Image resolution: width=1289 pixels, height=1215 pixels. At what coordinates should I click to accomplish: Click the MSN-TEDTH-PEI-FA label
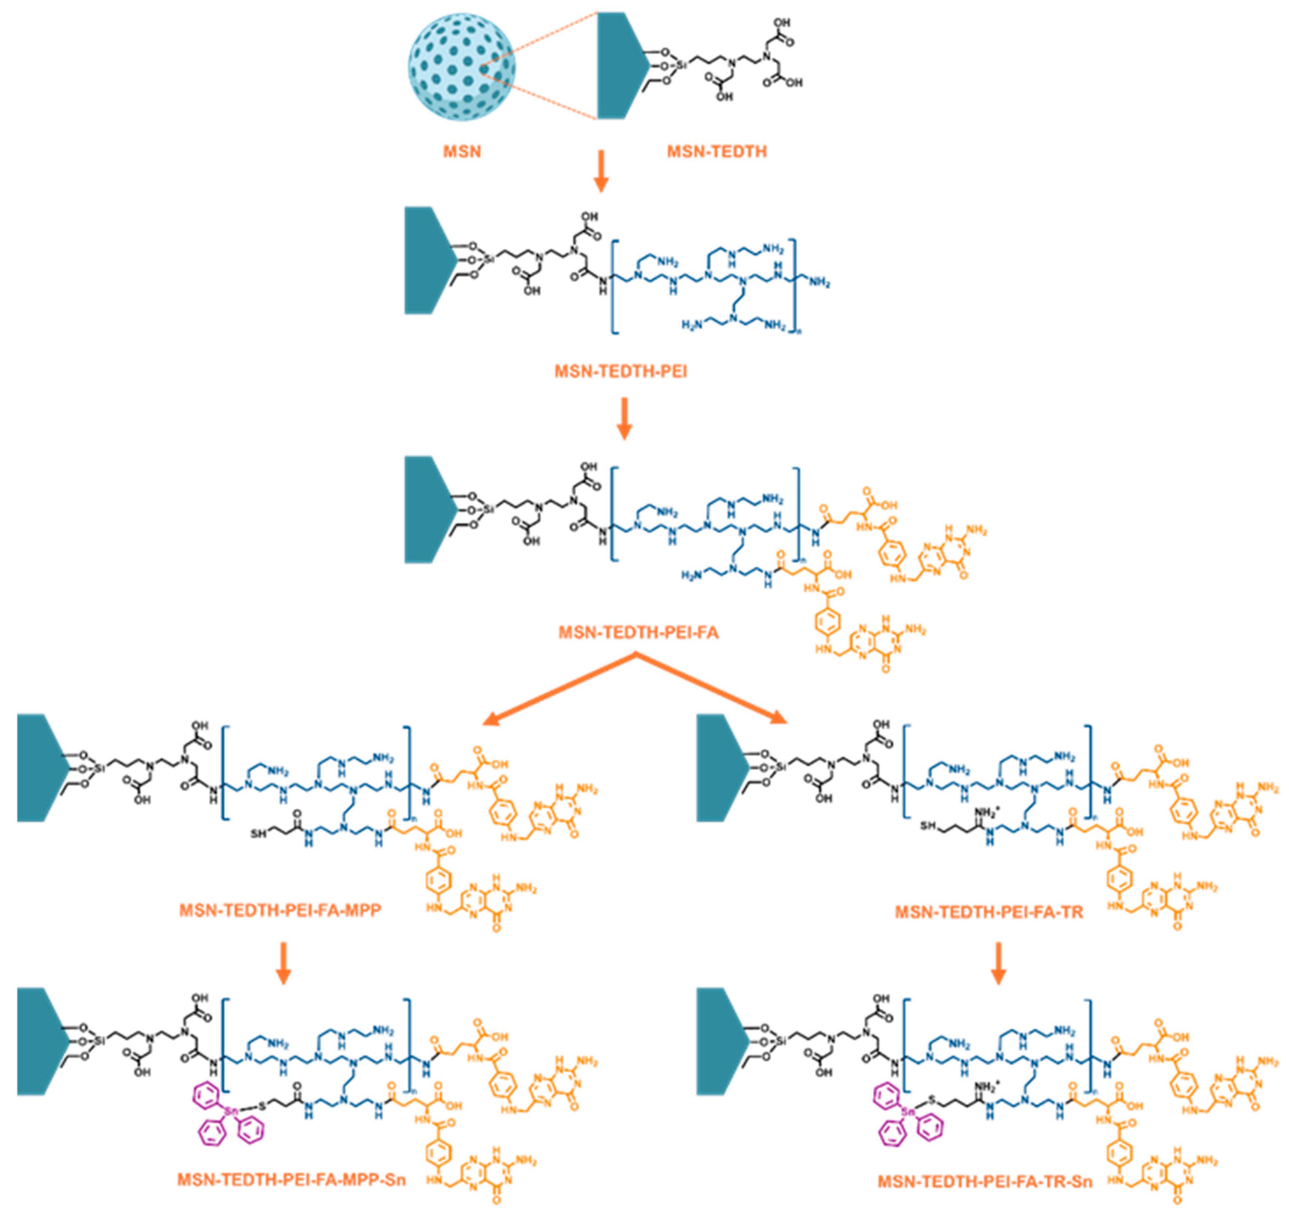click(x=639, y=632)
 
